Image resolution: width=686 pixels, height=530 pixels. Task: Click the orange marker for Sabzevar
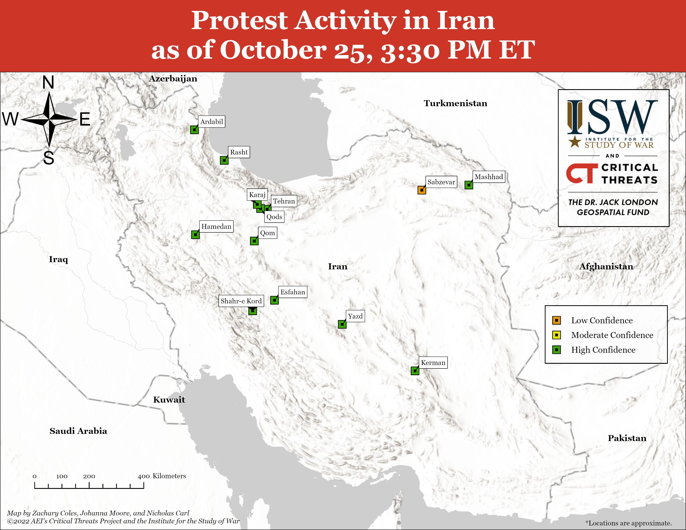coord(422,190)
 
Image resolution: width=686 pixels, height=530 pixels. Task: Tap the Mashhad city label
coord(489,177)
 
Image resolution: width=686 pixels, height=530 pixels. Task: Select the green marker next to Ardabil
coord(194,130)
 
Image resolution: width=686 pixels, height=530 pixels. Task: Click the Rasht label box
coord(239,152)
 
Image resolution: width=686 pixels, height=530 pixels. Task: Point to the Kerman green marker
coord(415,371)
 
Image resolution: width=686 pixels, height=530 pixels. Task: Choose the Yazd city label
coord(355,316)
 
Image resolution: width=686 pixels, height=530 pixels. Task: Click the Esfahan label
coord(292,292)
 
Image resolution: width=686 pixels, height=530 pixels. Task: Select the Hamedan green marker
coord(195,234)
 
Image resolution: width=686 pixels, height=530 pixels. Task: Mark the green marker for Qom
coord(254,241)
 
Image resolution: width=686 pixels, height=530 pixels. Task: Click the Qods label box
coord(274,217)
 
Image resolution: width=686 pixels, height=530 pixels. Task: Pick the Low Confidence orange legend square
coord(556,320)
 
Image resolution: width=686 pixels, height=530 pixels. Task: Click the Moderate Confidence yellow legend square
coord(556,335)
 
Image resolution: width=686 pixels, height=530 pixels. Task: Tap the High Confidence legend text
coord(603,350)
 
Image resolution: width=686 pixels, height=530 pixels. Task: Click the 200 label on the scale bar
coord(89,476)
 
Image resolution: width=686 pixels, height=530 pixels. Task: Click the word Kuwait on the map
coord(169,400)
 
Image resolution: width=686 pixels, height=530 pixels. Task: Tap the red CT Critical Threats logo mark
coord(582,173)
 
